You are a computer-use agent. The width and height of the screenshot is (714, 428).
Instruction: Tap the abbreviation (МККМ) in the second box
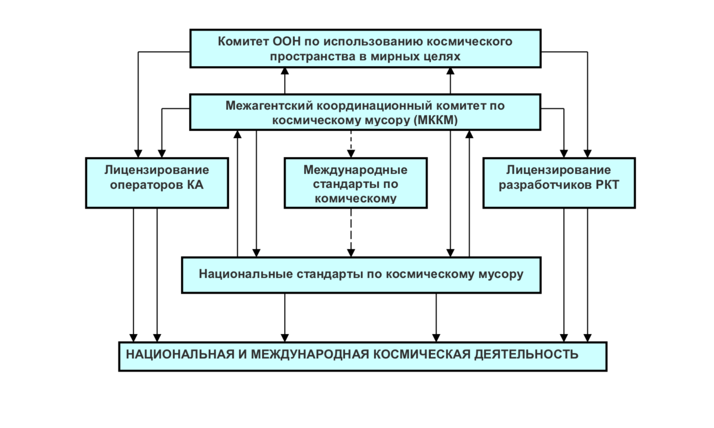point(435,120)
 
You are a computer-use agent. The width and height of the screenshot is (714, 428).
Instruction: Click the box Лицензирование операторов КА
point(157,183)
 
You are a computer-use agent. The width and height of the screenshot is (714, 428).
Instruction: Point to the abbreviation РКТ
point(607,185)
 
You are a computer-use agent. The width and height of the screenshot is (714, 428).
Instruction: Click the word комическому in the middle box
point(355,199)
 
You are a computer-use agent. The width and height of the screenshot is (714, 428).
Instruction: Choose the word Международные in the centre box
point(355,170)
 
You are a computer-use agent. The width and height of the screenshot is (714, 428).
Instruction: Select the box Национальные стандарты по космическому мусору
point(361,275)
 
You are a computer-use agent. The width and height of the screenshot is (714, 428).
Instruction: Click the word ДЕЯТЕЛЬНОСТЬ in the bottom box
point(526,354)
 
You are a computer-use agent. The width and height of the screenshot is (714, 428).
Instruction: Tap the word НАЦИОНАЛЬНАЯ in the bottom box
point(180,354)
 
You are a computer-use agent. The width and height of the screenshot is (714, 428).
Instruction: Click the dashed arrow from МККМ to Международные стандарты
point(351,144)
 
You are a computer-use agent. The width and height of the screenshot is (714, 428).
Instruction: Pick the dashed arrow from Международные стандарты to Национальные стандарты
point(351,233)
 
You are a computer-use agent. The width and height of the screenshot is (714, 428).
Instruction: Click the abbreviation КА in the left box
point(195,185)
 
